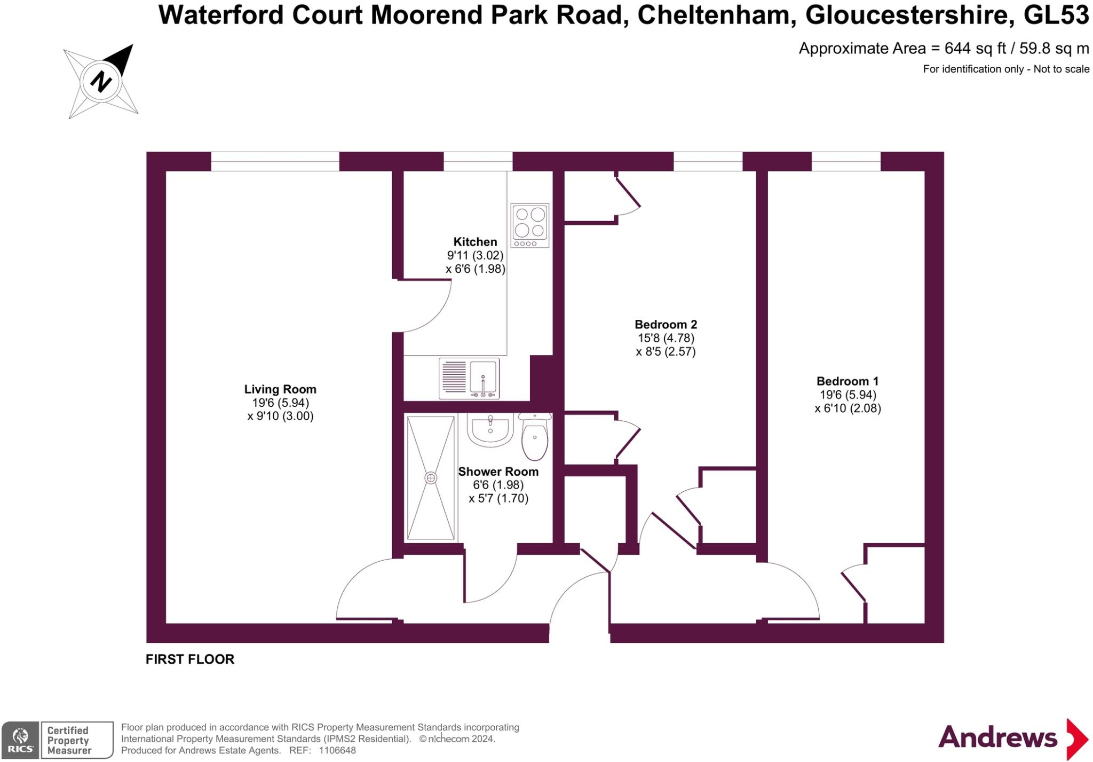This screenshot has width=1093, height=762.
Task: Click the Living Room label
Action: tap(280, 389)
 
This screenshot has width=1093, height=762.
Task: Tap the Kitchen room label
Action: tap(475, 242)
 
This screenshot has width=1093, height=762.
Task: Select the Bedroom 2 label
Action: tap(666, 324)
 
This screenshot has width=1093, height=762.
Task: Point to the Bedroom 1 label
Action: tap(847, 381)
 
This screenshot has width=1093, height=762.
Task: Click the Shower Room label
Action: tap(498, 472)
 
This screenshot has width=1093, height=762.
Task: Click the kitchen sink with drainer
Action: tap(469, 379)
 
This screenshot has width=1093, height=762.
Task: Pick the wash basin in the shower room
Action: tap(490, 429)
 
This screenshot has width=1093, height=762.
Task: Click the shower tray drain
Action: tap(431, 477)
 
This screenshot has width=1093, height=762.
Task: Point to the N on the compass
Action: tap(101, 82)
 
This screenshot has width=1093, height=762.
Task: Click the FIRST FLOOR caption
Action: tap(190, 659)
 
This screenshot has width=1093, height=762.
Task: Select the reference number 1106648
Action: tap(337, 750)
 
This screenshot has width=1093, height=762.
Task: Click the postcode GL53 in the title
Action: tap(1056, 15)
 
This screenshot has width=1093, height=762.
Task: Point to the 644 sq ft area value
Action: tap(975, 49)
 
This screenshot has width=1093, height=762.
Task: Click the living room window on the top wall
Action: tap(275, 161)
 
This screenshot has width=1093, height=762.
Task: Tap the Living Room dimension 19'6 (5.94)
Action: tap(280, 403)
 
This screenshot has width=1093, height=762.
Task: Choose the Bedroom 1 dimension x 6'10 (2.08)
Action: tap(848, 409)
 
